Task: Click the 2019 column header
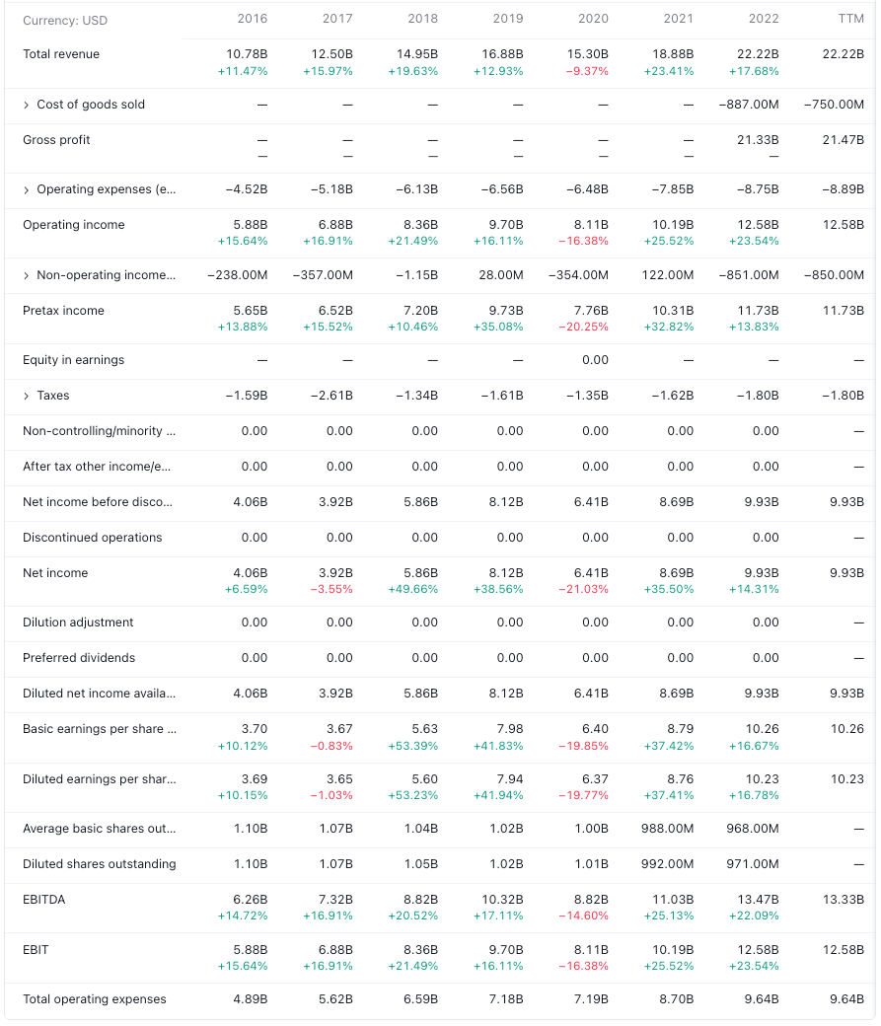(x=507, y=19)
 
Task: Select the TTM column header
(x=849, y=19)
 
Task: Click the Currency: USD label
(x=65, y=21)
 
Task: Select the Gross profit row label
(x=56, y=140)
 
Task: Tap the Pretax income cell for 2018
(x=420, y=311)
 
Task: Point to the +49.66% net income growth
(x=416, y=589)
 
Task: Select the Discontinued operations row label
(x=93, y=538)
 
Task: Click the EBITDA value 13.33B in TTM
(x=844, y=900)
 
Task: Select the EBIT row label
(x=36, y=949)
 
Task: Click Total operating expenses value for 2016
(x=249, y=999)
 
